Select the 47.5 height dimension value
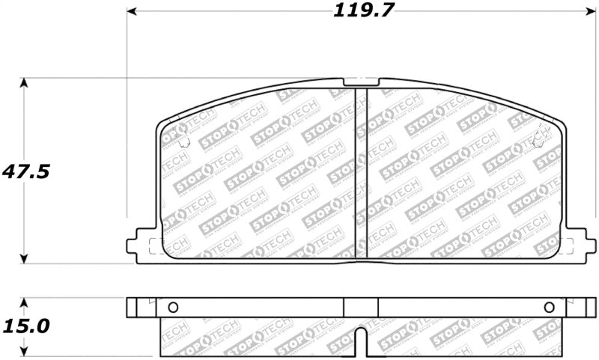[x=26, y=171]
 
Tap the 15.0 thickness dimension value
[x=26, y=326]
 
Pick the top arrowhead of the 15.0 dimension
[x=26, y=302]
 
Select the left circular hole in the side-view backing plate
[x=173, y=307]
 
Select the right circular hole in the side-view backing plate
[x=549, y=307]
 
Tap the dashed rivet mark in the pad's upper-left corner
[x=185, y=141]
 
